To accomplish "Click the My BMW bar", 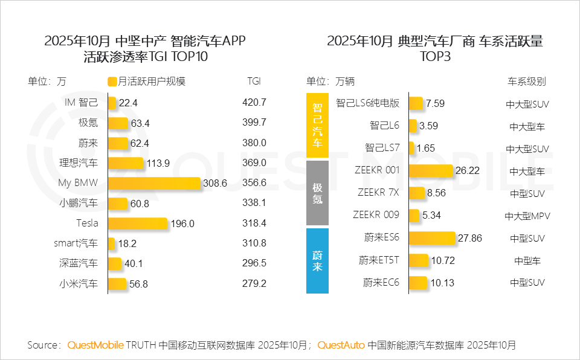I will click(x=154, y=183).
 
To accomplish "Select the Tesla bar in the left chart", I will click(x=138, y=223).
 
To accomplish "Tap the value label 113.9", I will click(x=159, y=163).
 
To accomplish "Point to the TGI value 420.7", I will click(x=254, y=103).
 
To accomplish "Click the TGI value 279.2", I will click(x=254, y=284).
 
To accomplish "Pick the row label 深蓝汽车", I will click(x=79, y=264).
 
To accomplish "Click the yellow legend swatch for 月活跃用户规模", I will click(x=112, y=82).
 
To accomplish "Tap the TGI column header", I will click(x=254, y=82).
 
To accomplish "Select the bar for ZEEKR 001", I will click(x=431, y=171).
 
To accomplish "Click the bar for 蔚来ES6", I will click(x=432, y=238).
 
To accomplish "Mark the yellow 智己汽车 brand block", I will click(x=317, y=126).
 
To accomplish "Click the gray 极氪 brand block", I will click(x=317, y=193).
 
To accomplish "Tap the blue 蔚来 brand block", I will click(x=317, y=260).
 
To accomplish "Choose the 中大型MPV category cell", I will click(x=527, y=216).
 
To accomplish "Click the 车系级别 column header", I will click(x=526, y=82).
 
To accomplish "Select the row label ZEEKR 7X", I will click(x=378, y=193).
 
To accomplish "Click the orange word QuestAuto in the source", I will click(x=341, y=346).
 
